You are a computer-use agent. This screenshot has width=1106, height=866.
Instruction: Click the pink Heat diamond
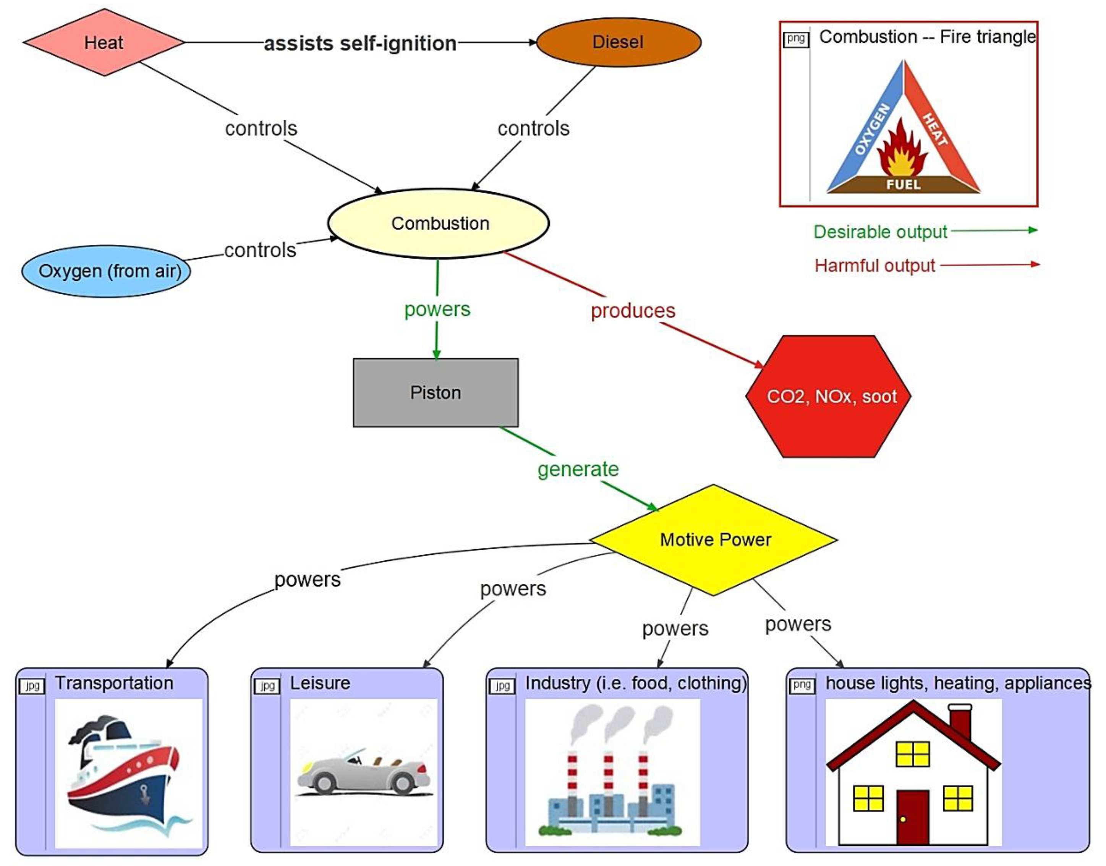[x=104, y=42]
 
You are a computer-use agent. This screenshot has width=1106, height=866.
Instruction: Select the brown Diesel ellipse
[x=618, y=42]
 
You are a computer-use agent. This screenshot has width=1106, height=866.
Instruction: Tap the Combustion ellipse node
[x=439, y=223]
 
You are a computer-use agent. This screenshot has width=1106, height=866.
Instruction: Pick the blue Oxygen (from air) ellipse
[x=106, y=271]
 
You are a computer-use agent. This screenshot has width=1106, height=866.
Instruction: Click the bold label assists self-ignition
[x=360, y=44]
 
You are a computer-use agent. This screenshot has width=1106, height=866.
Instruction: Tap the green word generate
[x=578, y=469]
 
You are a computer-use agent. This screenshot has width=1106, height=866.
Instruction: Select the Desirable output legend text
[x=880, y=232]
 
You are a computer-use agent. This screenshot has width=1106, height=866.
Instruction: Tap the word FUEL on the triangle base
[x=903, y=185]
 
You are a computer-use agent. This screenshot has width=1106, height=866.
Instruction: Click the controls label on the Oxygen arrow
[x=260, y=251]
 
